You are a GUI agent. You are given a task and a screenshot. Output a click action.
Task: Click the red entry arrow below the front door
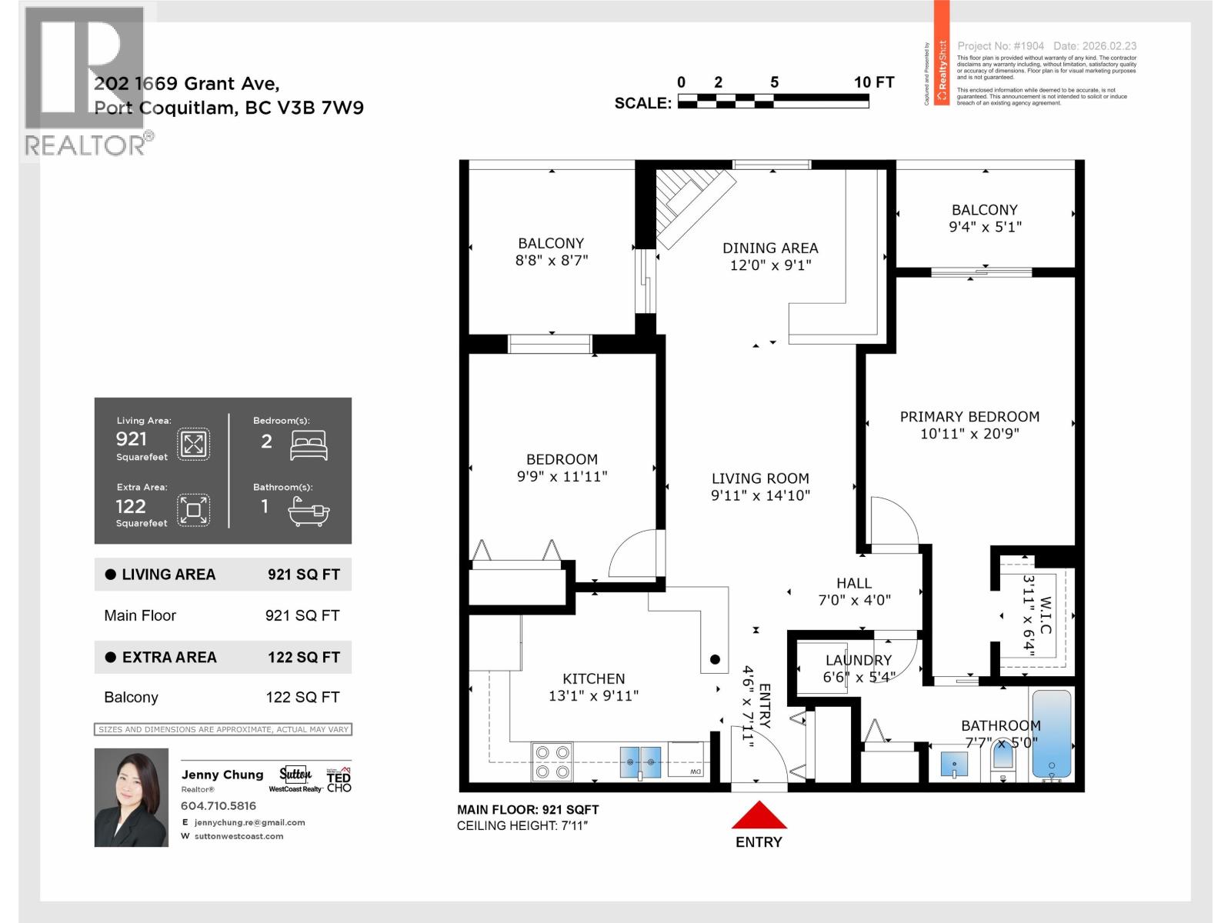[759, 815]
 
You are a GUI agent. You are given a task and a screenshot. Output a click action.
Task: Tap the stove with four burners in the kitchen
[552, 761]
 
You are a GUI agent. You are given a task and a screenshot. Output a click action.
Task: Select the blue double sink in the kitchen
[640, 761]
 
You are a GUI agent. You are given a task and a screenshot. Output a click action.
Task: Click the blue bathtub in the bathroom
[1051, 734]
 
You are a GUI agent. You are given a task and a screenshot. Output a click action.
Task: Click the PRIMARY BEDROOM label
[969, 416]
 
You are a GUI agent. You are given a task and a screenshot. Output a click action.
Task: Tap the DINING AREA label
[770, 248]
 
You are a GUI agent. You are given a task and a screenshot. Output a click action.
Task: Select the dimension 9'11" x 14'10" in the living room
[760, 496]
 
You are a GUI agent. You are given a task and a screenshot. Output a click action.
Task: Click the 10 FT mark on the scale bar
[873, 82]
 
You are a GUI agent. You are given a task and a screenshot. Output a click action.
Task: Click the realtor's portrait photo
[131, 797]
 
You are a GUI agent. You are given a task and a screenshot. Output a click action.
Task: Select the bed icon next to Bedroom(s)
[309, 445]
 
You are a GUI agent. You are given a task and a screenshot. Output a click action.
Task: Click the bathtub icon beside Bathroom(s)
[309, 510]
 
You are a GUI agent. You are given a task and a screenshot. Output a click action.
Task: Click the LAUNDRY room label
[858, 660]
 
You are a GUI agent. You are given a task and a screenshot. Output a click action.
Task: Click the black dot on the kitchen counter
[715, 659]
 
